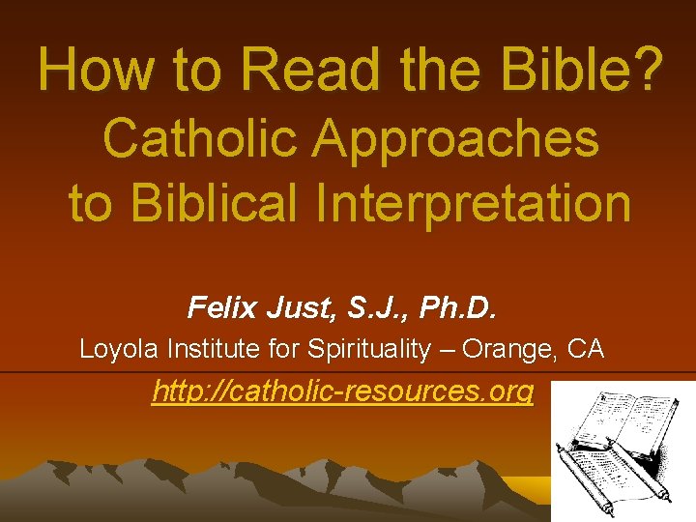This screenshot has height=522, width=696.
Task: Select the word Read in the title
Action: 307,70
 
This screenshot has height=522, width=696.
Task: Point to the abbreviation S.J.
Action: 367,308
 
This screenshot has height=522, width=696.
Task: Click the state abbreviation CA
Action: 588,349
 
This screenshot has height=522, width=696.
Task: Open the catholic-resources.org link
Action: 343,392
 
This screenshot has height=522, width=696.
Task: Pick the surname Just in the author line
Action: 294,308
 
